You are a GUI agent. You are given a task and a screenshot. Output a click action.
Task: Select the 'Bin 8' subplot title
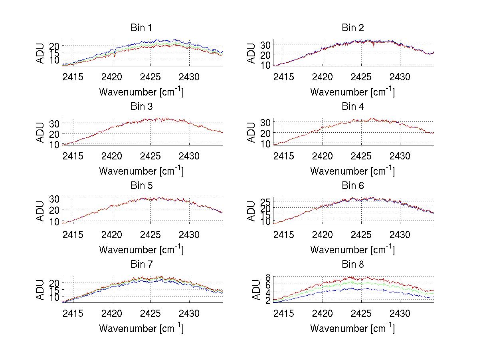[352, 265]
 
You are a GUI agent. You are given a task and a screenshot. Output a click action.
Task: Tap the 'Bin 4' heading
[352, 107]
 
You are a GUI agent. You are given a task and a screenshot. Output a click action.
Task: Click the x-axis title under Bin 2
[352, 92]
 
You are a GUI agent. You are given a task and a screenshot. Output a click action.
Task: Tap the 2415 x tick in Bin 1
[73, 77]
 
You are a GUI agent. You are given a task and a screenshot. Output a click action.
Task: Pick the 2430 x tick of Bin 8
[400, 313]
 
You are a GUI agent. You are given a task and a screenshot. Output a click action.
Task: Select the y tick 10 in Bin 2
[265, 65]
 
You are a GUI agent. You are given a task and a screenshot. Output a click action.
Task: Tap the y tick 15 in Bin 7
[54, 290]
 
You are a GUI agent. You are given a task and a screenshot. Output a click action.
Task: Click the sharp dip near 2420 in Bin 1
[115, 56]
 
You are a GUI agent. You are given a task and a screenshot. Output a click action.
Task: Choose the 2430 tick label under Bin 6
[400, 235]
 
